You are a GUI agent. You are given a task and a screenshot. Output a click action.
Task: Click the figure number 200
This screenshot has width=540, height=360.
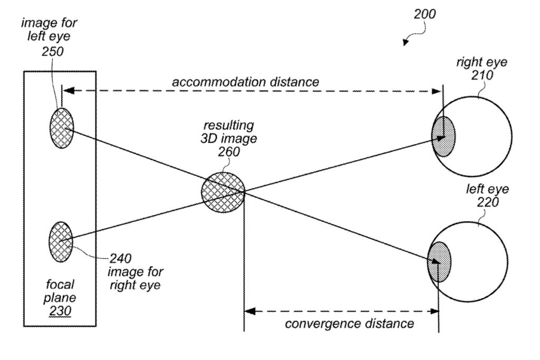425,14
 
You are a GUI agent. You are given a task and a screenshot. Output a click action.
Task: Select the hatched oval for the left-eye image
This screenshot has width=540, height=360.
61,128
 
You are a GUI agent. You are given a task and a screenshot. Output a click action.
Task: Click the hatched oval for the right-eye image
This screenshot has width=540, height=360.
61,242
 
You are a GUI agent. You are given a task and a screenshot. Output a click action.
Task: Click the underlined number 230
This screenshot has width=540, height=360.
60,312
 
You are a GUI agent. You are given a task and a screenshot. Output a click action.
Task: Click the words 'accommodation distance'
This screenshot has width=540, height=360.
245,82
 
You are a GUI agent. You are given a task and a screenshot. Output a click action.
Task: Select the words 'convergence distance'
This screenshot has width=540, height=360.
350,323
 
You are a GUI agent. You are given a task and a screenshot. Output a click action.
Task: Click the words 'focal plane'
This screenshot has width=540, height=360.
59,291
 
